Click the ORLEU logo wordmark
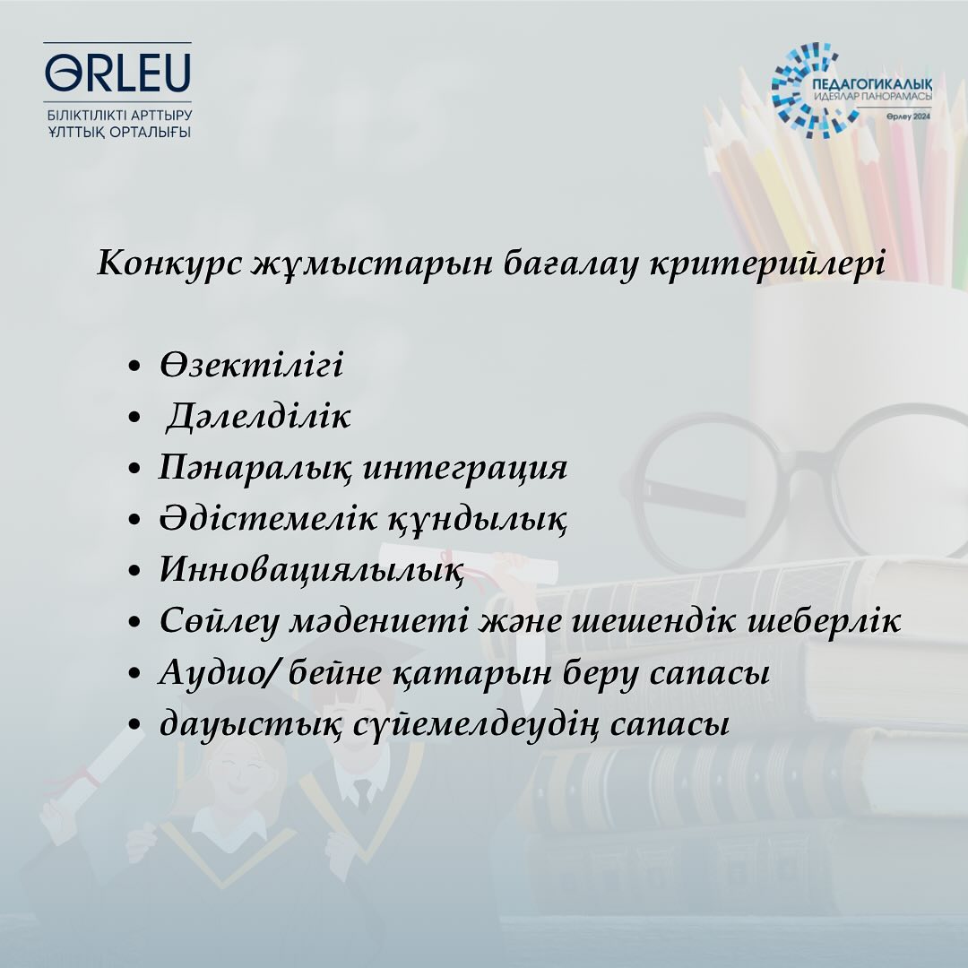tap(118, 73)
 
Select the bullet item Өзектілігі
tap(251, 364)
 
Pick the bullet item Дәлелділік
tap(257, 416)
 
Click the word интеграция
tap(464, 468)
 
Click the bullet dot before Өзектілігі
tap(134, 367)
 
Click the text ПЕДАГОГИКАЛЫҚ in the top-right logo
tap(872, 84)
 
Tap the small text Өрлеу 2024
tap(908, 117)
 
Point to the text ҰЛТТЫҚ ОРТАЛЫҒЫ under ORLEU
tap(120, 133)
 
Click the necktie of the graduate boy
tap(362, 794)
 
